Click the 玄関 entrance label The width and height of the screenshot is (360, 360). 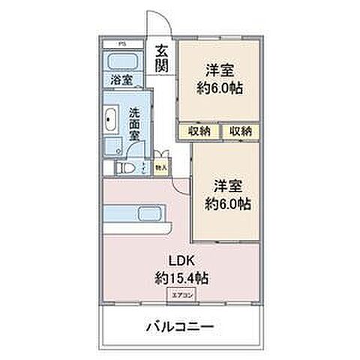162,58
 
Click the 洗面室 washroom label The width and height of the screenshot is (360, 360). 134,124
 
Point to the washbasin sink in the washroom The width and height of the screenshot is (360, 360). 111,118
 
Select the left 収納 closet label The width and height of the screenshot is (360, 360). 199,131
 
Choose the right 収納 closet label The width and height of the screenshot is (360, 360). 241,131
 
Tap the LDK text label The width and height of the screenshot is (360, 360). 181,262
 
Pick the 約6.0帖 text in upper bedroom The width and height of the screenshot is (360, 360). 220,88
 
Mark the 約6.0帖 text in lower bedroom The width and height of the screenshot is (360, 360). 227,203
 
